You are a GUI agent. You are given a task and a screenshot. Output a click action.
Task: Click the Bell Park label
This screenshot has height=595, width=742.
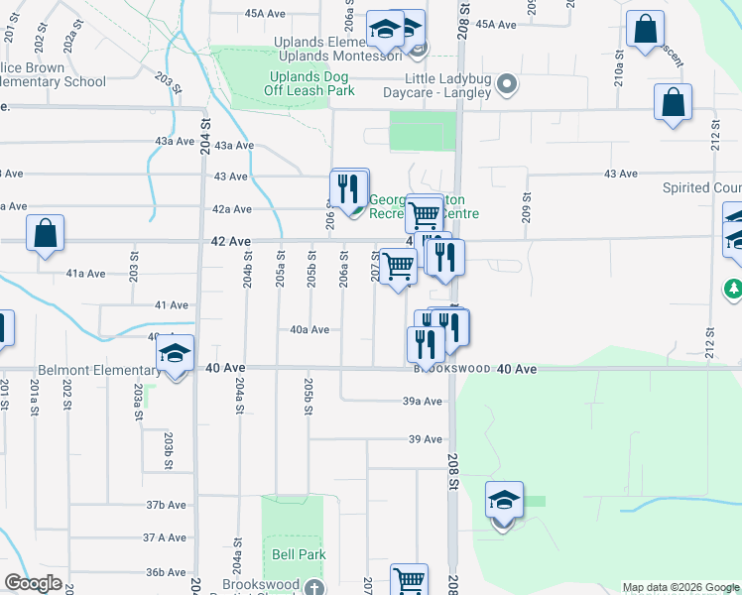pyautogui.click(x=298, y=554)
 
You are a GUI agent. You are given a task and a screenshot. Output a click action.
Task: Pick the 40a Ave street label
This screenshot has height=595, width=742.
pyautogui.click(x=309, y=329)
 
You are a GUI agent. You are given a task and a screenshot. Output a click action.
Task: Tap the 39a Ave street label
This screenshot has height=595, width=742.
pyautogui.click(x=422, y=402)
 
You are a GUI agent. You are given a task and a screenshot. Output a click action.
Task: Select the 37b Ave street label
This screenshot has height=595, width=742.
pyautogui.click(x=167, y=505)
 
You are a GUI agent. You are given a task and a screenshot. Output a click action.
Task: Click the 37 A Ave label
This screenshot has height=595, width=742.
pyautogui.click(x=165, y=537)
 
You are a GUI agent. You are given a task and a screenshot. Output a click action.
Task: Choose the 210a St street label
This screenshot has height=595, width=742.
pyautogui.click(x=618, y=71)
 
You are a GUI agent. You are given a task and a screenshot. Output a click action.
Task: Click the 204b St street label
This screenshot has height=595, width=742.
pyautogui.click(x=248, y=271)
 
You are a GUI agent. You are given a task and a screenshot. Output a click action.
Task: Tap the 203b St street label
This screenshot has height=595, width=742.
pyautogui.click(x=169, y=451)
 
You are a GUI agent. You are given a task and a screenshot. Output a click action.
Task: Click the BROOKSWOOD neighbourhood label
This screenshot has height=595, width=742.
pyautogui.click(x=453, y=369)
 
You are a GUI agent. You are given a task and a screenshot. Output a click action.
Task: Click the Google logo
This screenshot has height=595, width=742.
pyautogui.click(x=34, y=583)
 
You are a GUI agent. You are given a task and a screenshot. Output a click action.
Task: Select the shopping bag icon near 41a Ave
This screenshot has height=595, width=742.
pyautogui.click(x=46, y=234)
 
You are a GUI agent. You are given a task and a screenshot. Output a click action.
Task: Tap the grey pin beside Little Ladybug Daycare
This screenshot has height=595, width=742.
pyautogui.click(x=507, y=85)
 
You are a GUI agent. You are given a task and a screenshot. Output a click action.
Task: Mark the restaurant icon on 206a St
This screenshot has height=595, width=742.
pyautogui.click(x=349, y=187)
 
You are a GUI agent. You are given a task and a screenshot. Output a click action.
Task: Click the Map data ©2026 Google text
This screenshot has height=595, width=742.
pyautogui.click(x=680, y=587)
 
